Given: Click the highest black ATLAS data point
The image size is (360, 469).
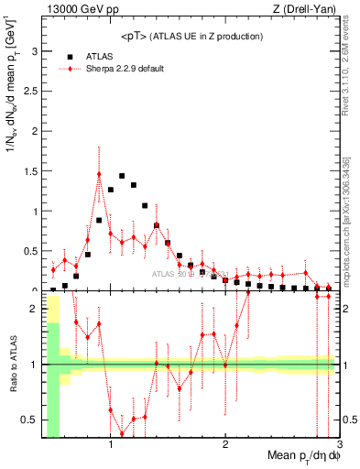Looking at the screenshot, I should (122, 176).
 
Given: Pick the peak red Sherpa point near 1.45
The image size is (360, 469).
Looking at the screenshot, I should (99, 174).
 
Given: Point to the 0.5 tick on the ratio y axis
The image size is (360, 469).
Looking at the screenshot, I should (29, 420).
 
